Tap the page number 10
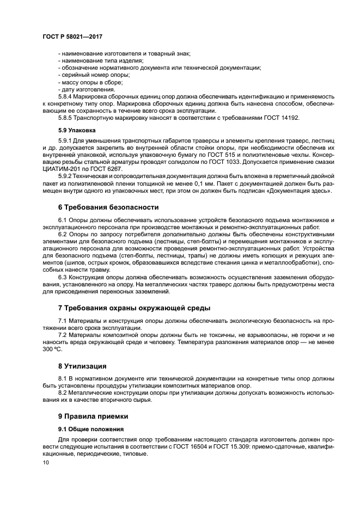point(46,462)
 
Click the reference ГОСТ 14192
point(283,118)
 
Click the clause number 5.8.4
point(66,96)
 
